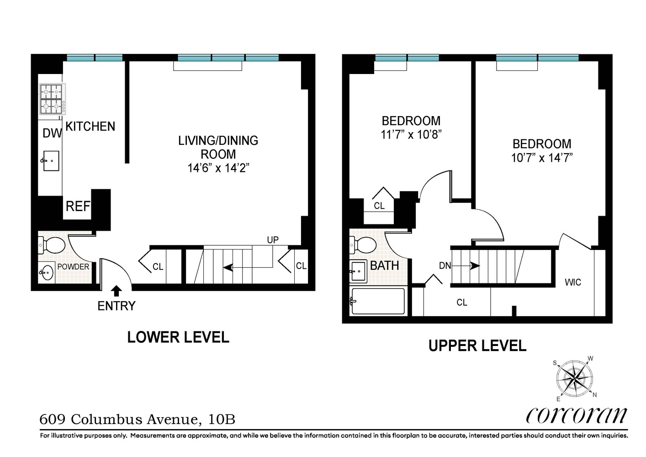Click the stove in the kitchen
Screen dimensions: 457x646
(x=52, y=99)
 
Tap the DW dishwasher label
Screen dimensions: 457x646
(x=52, y=133)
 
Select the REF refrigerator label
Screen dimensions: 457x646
(x=78, y=207)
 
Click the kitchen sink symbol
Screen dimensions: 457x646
(x=51, y=161)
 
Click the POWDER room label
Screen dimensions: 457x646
(x=73, y=266)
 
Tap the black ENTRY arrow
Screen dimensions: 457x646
(x=116, y=291)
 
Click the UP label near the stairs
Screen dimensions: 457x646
(x=273, y=240)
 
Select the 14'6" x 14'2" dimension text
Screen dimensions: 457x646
(x=218, y=168)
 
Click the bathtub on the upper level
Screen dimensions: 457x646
(x=378, y=301)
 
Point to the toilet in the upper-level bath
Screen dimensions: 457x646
(x=363, y=245)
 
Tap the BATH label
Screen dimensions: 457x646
(x=384, y=266)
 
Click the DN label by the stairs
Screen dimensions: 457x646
(x=445, y=266)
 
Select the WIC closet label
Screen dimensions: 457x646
(x=572, y=282)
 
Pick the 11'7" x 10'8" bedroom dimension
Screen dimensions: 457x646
(x=411, y=135)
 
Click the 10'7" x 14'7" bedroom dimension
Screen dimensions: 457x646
(x=542, y=158)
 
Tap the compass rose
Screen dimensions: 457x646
(x=574, y=378)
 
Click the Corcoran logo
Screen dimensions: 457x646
(x=577, y=415)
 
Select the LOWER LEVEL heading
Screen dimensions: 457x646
(x=178, y=337)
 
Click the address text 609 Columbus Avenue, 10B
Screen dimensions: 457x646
(x=138, y=419)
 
